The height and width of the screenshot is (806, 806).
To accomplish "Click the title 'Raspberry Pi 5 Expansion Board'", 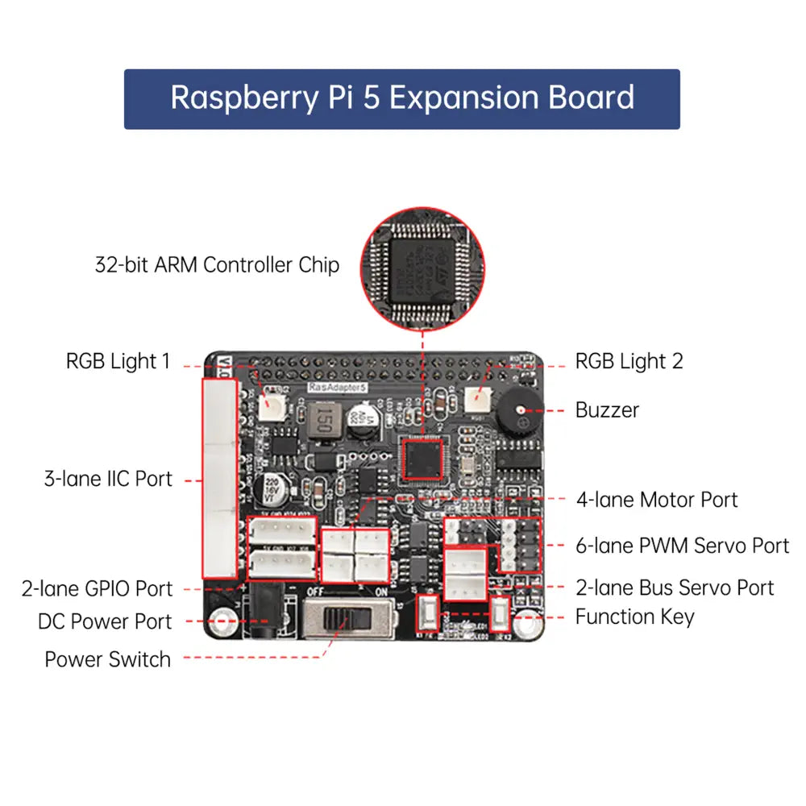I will (x=402, y=98).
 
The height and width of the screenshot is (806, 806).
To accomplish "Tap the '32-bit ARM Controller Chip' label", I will (x=217, y=264).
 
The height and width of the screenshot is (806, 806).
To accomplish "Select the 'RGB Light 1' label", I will (x=118, y=361).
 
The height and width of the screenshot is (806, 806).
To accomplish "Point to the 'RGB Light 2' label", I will (x=629, y=361).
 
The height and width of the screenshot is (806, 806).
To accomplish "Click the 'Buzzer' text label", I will (x=607, y=409).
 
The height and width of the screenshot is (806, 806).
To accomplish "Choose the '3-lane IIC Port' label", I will (x=108, y=479).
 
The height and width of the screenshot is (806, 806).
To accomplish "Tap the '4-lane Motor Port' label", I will (x=657, y=500).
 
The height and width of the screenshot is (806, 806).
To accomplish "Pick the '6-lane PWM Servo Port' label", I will (x=682, y=546).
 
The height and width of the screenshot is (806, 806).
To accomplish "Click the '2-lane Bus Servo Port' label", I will (x=675, y=588).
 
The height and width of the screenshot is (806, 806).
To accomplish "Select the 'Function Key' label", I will (x=634, y=617).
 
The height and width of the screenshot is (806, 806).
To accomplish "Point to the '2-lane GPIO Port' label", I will (x=97, y=588).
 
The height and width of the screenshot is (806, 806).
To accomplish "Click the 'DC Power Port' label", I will (x=105, y=622).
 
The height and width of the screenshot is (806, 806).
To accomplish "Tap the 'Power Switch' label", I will (x=108, y=659).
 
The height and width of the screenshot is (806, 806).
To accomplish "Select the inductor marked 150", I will (x=321, y=420).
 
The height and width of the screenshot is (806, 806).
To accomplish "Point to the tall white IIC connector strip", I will (x=219, y=477).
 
